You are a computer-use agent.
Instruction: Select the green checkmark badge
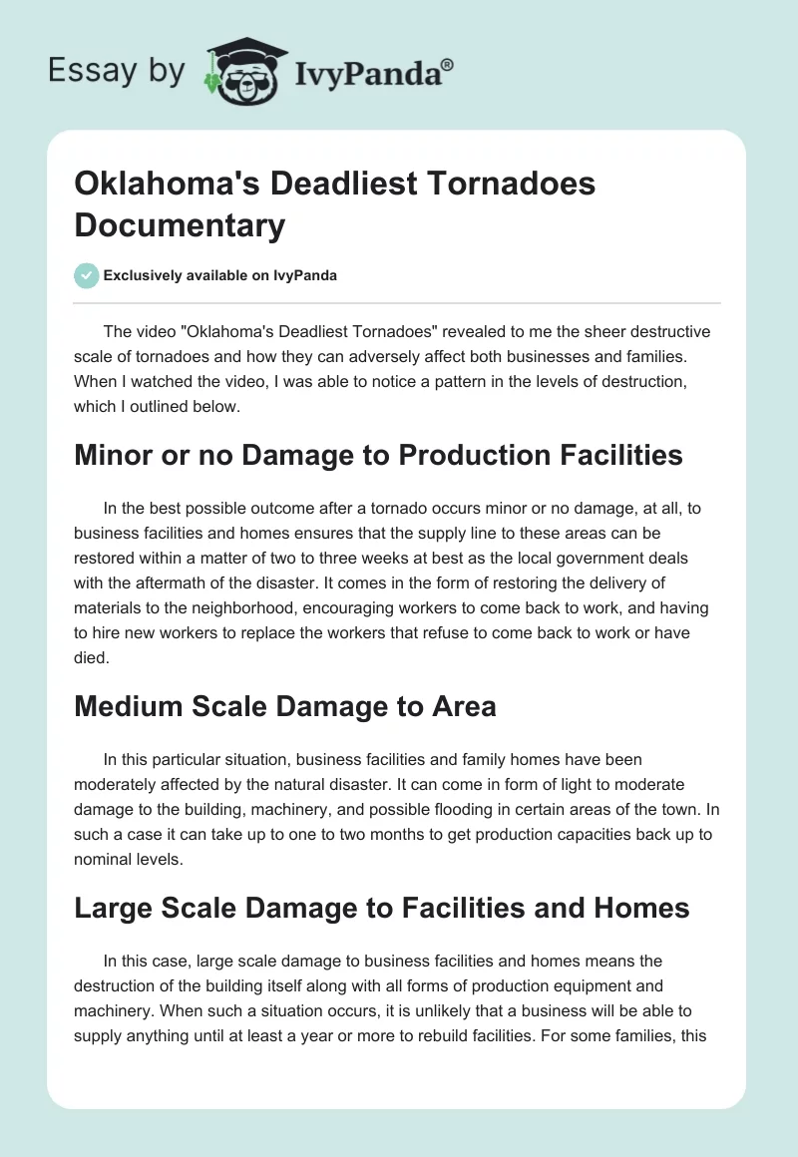87,275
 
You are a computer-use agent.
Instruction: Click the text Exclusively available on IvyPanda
220,275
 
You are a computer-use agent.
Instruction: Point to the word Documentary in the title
180,225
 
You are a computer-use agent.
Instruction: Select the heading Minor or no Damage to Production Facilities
378,455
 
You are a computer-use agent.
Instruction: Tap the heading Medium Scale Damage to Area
285,707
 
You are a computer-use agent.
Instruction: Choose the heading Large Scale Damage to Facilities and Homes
382,908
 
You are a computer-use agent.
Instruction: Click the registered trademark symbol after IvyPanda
447,63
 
